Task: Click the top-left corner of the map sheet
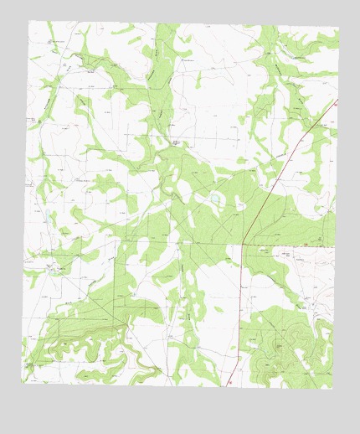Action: pyautogui.click(x=29, y=21)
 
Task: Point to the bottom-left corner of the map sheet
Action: pyautogui.click(x=22, y=384)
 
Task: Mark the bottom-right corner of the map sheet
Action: pyautogui.click(x=332, y=390)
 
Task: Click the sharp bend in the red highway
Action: pyautogui.click(x=242, y=244)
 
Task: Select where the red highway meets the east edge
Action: pyautogui.click(x=337, y=101)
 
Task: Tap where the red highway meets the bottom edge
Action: pyautogui.click(x=229, y=386)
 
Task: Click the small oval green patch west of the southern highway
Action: pyautogui.click(x=219, y=309)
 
